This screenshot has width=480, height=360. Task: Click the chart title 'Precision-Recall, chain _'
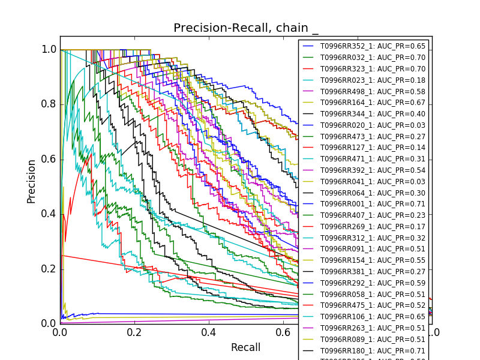point(246,28)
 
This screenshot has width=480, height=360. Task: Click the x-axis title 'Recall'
point(245,347)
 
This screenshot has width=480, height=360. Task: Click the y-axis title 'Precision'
point(31,181)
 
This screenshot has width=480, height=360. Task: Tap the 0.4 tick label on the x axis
point(209,332)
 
